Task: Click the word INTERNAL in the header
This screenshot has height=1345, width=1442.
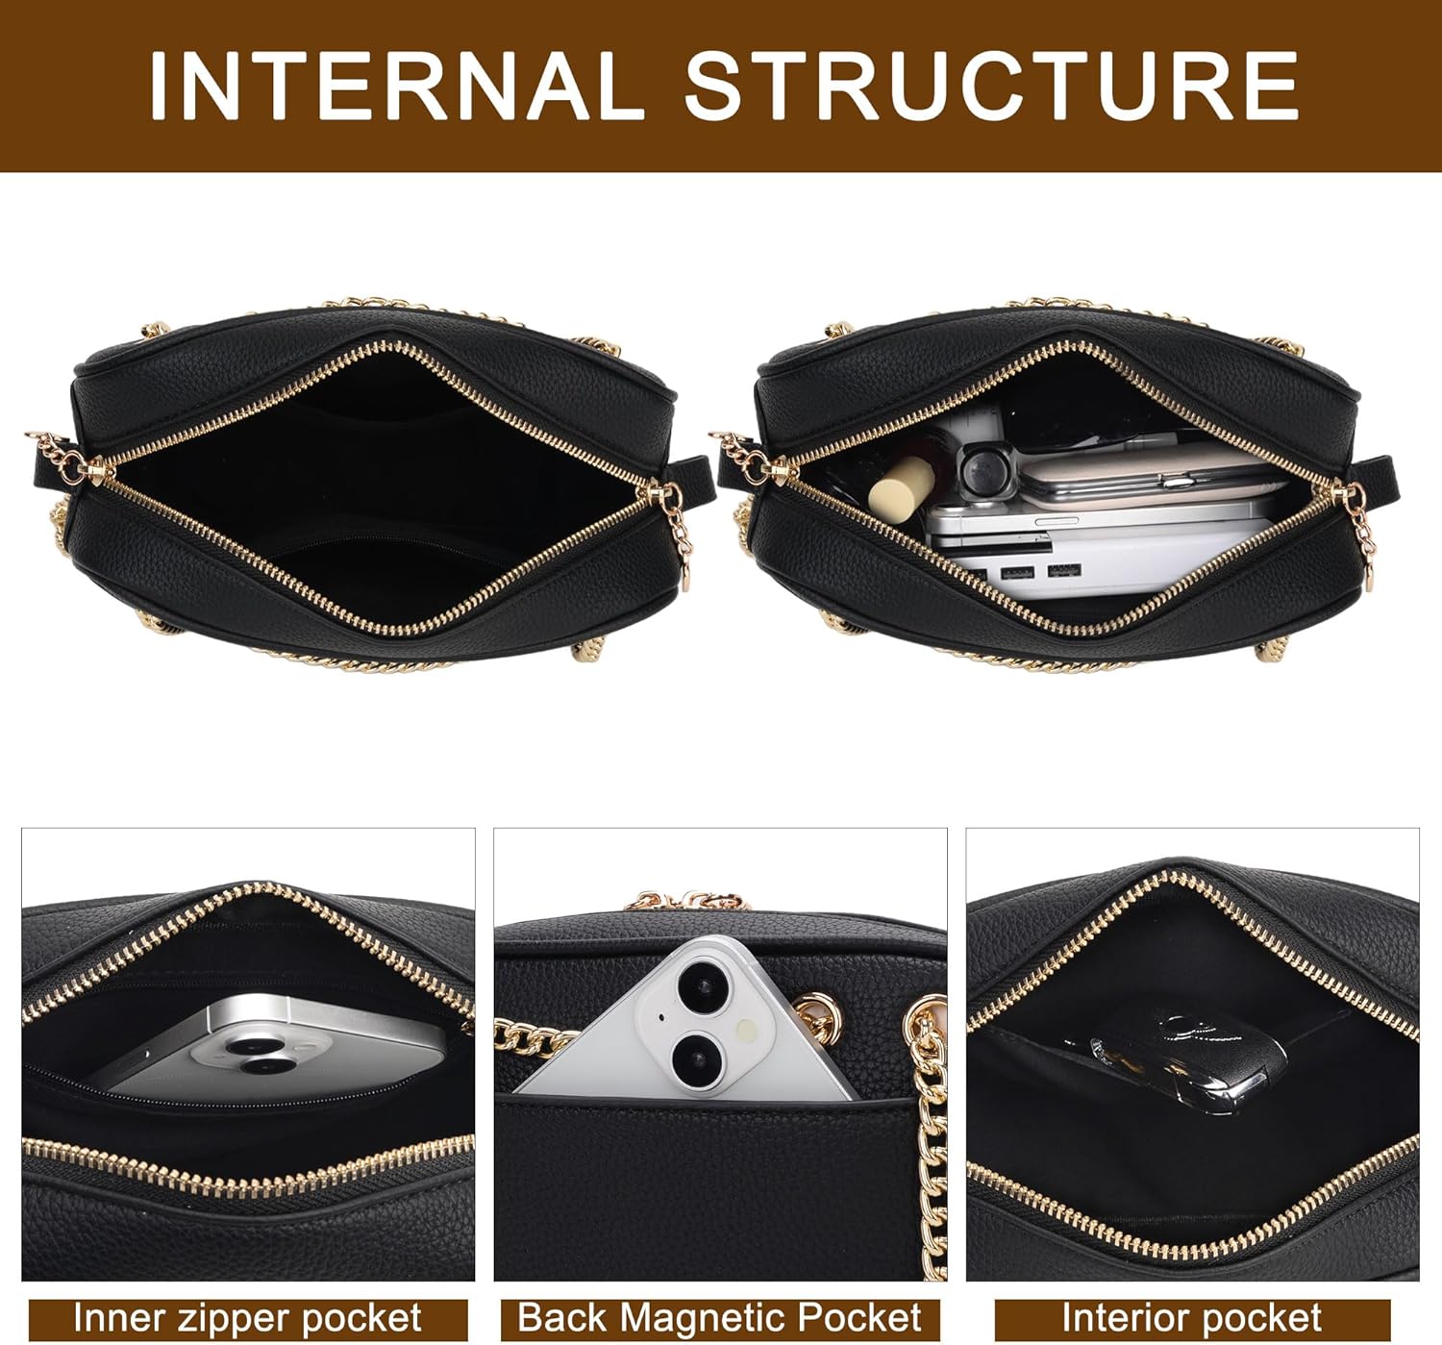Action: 396,85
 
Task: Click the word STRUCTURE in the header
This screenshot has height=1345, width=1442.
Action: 991,85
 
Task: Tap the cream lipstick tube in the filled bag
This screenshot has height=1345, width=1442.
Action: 902,488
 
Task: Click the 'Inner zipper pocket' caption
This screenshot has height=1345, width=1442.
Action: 248,1317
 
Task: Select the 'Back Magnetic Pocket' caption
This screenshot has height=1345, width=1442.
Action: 719,1317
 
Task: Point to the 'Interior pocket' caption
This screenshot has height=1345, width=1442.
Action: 1191,1317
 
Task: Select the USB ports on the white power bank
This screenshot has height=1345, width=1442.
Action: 1041,571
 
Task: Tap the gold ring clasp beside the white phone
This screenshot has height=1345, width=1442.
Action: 818,1018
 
